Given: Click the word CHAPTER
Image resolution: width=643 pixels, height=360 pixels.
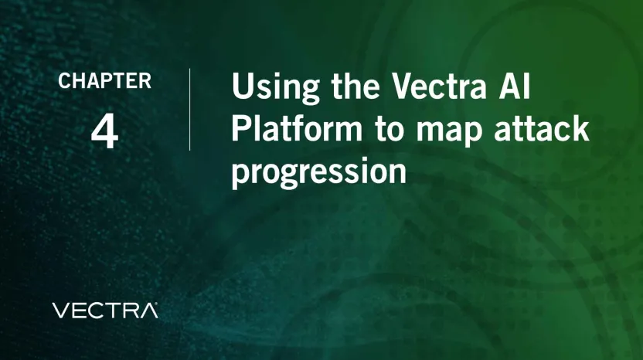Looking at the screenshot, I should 104,81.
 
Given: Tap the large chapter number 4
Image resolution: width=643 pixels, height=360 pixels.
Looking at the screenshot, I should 104,131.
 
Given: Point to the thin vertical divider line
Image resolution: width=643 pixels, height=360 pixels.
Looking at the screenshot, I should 190,109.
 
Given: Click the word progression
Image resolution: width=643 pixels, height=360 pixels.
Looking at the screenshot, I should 318,172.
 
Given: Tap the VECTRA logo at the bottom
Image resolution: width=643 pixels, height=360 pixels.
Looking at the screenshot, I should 104,311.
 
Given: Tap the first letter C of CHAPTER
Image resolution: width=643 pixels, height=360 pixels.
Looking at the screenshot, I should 64,81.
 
